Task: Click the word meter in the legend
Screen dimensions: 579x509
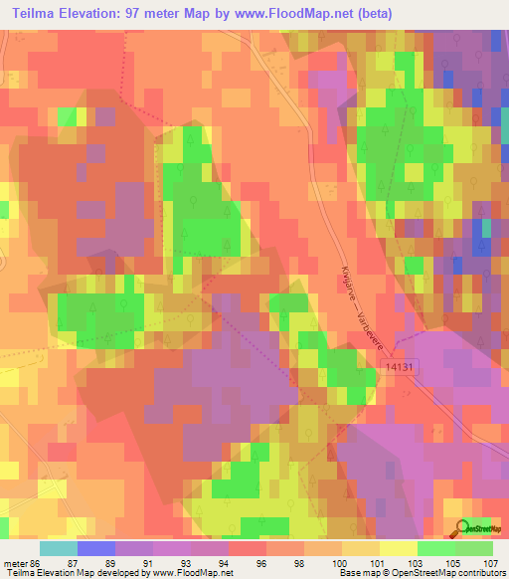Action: pos(14,562)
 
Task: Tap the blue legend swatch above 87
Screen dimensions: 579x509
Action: pos(95,548)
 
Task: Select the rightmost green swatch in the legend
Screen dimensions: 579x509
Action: pos(474,548)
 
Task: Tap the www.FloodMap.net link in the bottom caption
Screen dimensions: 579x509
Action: pos(188,573)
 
